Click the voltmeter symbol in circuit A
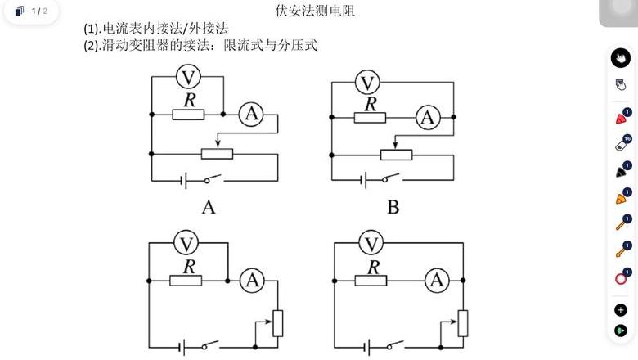188,76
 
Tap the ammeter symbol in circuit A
251,114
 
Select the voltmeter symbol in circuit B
367,82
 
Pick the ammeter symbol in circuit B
428,118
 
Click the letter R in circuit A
190,100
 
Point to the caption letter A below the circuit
209,208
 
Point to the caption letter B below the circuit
393,208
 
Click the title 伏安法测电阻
315,11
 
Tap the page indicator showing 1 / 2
39,11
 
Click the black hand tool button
621,58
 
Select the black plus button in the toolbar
621,310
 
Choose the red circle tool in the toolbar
621,279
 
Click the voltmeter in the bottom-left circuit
186,243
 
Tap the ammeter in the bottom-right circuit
437,280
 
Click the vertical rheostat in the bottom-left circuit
277,323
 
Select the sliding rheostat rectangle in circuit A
218,153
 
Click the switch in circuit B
391,178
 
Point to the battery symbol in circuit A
183,180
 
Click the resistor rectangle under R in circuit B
370,118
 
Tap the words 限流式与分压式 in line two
270,45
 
